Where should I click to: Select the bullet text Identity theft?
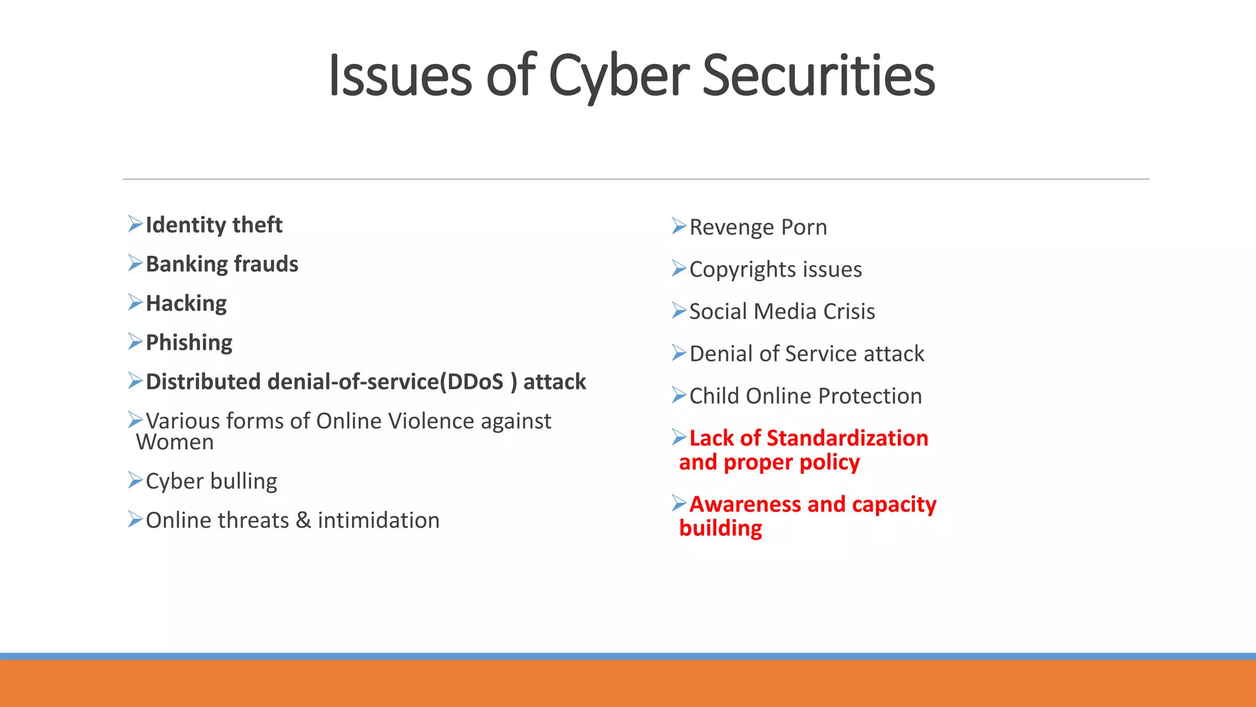213,225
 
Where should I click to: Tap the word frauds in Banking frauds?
266,265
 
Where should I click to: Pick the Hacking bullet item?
186,304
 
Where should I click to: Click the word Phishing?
189,343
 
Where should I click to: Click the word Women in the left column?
175,442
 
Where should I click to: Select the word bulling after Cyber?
244,482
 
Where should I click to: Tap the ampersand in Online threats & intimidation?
303,520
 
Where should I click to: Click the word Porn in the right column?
804,228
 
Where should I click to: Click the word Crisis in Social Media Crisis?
849,312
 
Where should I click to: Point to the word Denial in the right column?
721,354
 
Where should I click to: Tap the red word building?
721,528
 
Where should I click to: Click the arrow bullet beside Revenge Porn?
678,226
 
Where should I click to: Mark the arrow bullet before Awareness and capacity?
678,503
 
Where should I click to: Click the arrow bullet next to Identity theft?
135,224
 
